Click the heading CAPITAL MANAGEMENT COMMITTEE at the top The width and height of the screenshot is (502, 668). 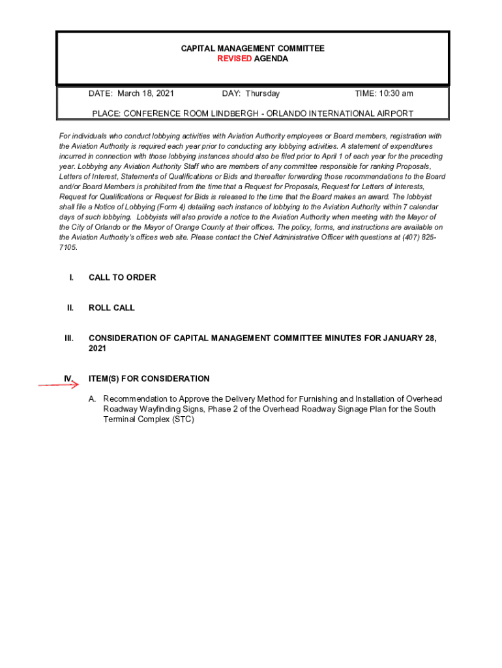click(x=252, y=49)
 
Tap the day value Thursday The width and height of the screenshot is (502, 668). click(x=262, y=93)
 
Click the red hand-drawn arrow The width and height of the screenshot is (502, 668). click(x=58, y=384)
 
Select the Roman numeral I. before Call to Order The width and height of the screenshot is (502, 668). click(x=70, y=277)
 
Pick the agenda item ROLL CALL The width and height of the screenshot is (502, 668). click(x=111, y=308)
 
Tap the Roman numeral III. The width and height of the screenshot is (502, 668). click(x=68, y=338)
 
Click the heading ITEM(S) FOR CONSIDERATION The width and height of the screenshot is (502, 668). click(x=149, y=378)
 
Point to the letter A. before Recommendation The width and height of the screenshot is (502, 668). click(x=93, y=399)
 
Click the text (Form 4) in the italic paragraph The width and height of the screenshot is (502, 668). click(x=149, y=207)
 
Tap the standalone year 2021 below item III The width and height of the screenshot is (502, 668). click(x=98, y=348)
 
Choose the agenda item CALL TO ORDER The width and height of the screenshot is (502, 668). click(x=122, y=277)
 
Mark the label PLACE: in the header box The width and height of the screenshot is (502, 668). click(x=106, y=114)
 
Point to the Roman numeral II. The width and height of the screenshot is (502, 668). click(x=70, y=308)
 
